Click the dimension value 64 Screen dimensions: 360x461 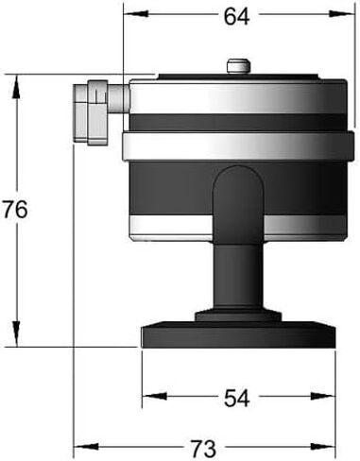coord(236,17)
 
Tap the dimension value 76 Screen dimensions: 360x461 coord(15,210)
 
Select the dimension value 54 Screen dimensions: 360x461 coord(237,398)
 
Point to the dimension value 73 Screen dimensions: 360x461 coord(203,449)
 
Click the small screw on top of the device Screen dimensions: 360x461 coord(238,66)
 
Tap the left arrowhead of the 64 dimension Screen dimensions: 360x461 coord(136,14)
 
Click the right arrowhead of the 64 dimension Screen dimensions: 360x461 coord(342,14)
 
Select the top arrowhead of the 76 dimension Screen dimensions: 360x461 coord(16,87)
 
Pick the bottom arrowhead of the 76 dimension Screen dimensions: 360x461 coord(16,334)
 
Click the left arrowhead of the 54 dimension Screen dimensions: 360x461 coord(154,396)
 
